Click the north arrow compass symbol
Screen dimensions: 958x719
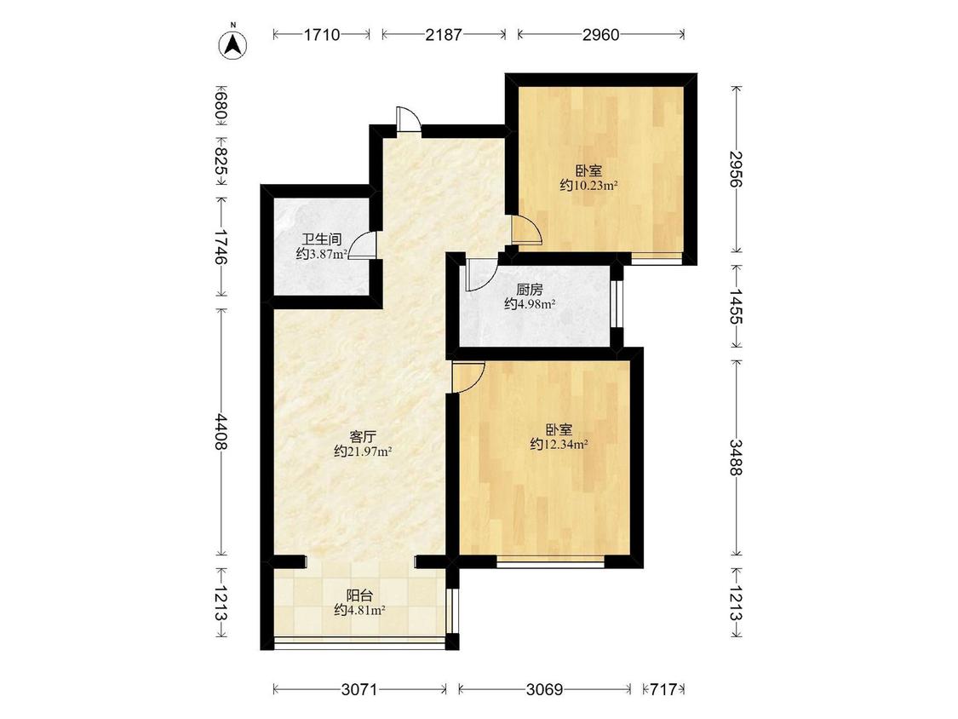pyautogui.click(x=232, y=43)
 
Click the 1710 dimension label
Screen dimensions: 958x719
pyautogui.click(x=322, y=35)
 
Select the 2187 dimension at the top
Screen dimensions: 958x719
pyautogui.click(x=444, y=35)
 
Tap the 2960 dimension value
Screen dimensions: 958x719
pyautogui.click(x=600, y=35)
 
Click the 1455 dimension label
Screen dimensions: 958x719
pyautogui.click(x=737, y=307)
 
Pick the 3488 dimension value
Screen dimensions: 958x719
pyautogui.click(x=737, y=457)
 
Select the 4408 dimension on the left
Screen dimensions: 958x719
pyautogui.click(x=221, y=432)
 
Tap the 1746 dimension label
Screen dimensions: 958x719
pyautogui.click(x=221, y=247)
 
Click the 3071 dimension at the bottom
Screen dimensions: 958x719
pyautogui.click(x=360, y=690)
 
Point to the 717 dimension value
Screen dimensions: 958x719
pyautogui.click(x=663, y=690)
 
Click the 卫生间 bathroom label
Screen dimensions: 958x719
pyautogui.click(x=321, y=239)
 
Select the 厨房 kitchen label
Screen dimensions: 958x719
pyautogui.click(x=529, y=290)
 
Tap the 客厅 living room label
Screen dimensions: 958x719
pyautogui.click(x=362, y=437)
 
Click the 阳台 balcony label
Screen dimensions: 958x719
pyautogui.click(x=360, y=595)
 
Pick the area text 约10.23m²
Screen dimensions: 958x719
pyautogui.click(x=588, y=185)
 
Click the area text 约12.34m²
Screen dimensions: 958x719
pyautogui.click(x=559, y=445)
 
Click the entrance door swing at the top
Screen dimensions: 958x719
pyautogui.click(x=408, y=119)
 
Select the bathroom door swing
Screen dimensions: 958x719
pyautogui.click(x=362, y=246)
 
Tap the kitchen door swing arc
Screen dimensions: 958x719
pyautogui.click(x=482, y=275)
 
